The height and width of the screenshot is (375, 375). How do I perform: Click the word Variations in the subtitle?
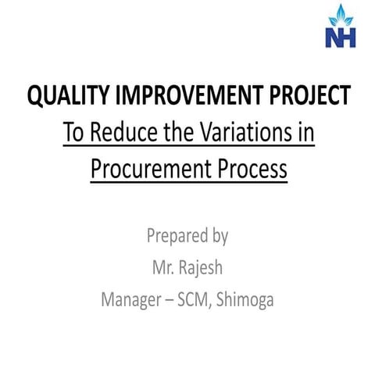[246, 132]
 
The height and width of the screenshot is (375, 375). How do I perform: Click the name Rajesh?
[202, 267]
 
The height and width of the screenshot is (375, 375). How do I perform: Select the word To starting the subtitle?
[73, 132]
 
